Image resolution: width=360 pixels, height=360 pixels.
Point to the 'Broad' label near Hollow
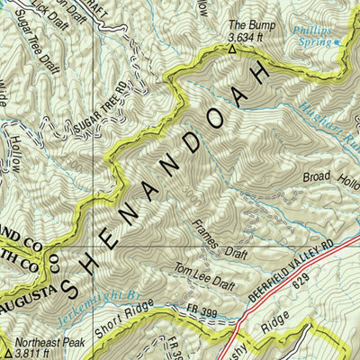[319, 177]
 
